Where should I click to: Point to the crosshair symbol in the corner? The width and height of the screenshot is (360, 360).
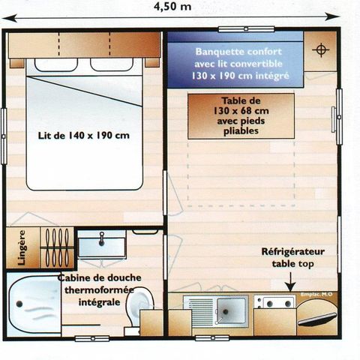(322, 50)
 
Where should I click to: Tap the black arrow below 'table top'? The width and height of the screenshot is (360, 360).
(290, 283)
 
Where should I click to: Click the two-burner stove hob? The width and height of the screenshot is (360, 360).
(273, 302)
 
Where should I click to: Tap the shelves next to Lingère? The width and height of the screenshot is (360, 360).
(55, 245)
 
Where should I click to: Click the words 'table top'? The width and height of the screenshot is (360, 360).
(293, 265)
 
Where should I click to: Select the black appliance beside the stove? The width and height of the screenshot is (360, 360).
(316, 315)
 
